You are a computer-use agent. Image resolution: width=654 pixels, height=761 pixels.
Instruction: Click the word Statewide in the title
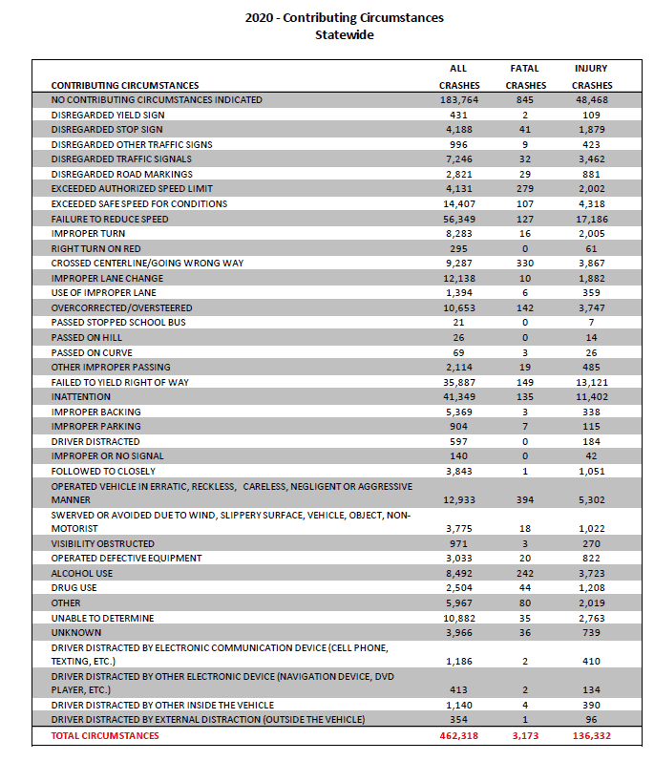345,35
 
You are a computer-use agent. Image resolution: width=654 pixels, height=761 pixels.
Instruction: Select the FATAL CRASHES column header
525,76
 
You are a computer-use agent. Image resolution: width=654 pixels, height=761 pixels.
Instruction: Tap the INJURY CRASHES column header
592,76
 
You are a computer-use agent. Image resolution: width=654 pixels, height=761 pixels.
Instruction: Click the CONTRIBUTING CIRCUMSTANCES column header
125,85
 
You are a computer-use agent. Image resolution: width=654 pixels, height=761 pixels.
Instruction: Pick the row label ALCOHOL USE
81,573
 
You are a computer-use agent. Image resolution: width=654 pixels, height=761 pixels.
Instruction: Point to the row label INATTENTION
80,396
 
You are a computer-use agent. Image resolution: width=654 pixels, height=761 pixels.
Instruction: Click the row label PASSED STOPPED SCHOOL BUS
118,323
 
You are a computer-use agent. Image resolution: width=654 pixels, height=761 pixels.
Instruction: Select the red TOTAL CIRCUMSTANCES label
105,736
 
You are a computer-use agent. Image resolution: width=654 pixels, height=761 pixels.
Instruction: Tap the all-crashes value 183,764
459,100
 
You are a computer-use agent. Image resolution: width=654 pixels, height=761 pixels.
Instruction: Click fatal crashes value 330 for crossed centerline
525,263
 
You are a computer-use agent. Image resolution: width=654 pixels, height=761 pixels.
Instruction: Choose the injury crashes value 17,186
592,219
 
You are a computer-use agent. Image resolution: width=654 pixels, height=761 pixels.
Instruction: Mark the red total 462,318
459,736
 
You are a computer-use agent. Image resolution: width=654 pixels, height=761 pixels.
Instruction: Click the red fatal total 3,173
525,736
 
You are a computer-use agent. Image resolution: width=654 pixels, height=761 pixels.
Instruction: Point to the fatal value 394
525,500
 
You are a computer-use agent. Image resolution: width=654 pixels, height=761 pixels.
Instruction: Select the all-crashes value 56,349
459,219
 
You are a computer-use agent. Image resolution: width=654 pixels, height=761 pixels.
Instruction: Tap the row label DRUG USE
74,588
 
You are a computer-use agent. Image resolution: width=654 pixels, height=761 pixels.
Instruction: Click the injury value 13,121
592,383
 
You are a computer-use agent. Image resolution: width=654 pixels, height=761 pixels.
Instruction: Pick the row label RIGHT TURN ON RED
95,248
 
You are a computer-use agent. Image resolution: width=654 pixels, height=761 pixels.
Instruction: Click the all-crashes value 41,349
459,396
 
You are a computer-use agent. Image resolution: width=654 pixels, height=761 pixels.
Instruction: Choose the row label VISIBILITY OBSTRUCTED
103,543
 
